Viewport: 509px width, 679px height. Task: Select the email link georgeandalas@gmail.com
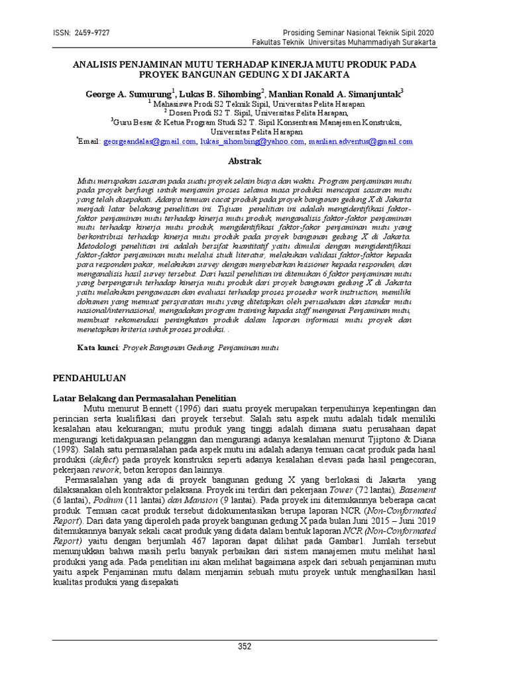tap(149, 141)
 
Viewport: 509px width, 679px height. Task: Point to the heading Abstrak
tap(245, 161)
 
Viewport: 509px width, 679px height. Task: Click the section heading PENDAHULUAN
tap(89, 377)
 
